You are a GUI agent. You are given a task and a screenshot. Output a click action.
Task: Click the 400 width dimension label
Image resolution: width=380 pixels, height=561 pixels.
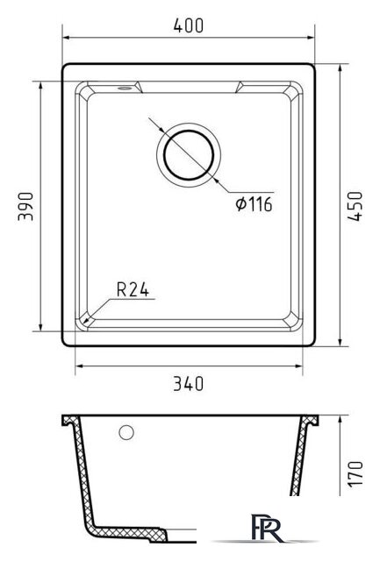pyautogui.click(x=189, y=25)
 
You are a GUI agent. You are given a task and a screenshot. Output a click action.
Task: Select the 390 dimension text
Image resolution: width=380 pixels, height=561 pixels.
pyautogui.click(x=25, y=207)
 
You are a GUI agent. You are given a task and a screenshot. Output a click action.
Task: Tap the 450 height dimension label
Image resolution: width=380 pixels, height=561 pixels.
pyautogui.click(x=355, y=207)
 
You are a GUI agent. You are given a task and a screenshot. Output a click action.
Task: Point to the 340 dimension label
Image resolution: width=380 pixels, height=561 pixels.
pyautogui.click(x=189, y=384)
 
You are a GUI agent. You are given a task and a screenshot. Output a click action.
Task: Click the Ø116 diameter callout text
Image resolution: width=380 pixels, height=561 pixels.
pyautogui.click(x=254, y=204)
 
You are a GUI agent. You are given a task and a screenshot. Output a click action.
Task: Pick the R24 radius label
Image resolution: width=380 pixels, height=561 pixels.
pyautogui.click(x=133, y=290)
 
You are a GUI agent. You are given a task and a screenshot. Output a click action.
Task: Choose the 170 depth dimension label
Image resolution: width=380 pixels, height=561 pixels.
pyautogui.click(x=355, y=473)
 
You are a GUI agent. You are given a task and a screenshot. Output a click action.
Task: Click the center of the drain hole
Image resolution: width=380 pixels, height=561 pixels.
pyautogui.click(x=189, y=155)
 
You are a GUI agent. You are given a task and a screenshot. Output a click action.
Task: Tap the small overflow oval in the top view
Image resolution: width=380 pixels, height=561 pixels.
pyautogui.click(x=125, y=88)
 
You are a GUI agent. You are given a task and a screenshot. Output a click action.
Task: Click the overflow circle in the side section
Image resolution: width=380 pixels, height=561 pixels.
pyautogui.click(x=126, y=432)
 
